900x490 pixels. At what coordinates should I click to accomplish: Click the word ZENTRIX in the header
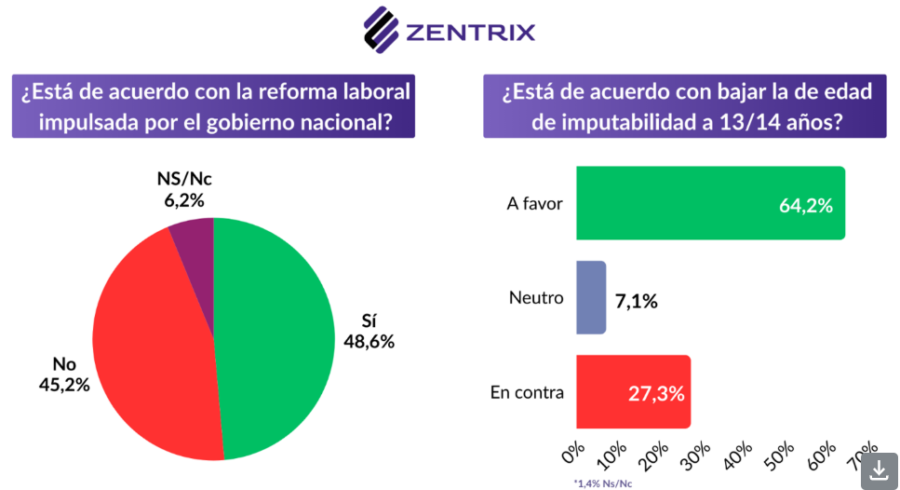(470, 33)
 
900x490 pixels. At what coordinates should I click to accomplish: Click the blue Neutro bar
(591, 298)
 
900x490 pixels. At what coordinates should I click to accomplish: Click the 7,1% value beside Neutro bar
(637, 300)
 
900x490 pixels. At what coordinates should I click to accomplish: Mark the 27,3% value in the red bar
(657, 393)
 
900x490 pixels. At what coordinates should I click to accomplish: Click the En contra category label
(527, 392)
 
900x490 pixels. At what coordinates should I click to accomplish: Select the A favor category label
(534, 203)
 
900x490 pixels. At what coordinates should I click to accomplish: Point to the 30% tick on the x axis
(697, 454)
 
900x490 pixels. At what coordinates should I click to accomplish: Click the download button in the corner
(879, 470)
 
